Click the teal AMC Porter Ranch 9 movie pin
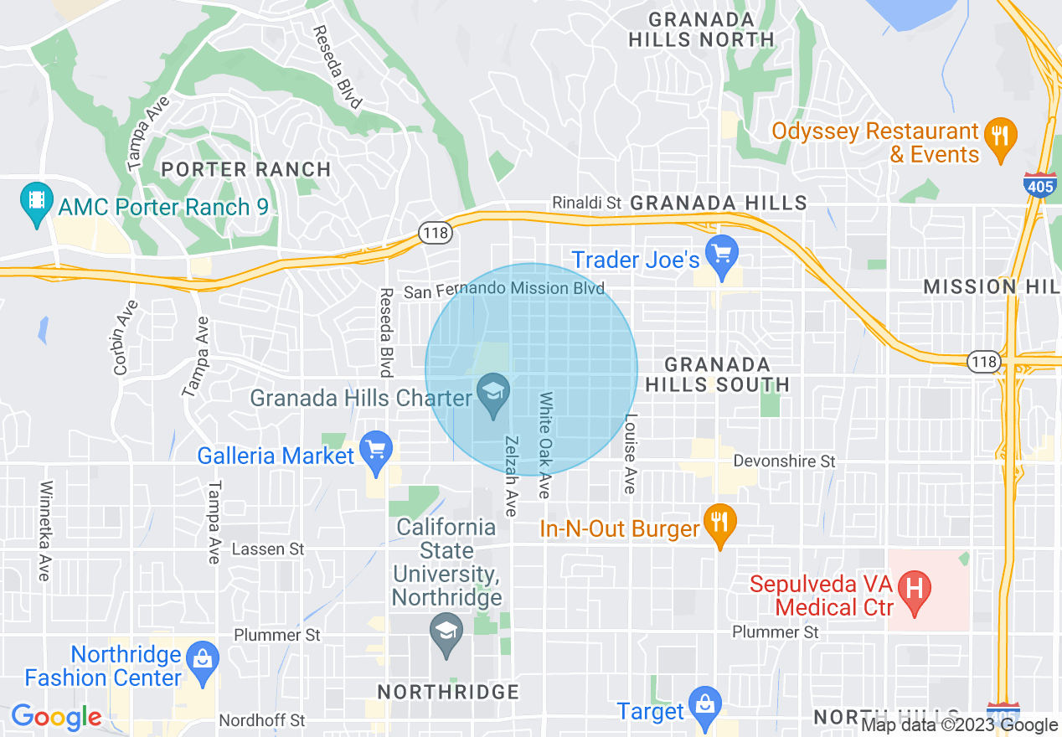point(36,204)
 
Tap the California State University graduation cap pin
point(446,634)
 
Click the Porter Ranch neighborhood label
point(246,169)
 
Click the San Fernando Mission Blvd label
point(504,290)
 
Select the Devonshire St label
point(784,461)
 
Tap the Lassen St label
point(268,549)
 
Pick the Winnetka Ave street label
point(45,530)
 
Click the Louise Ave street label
point(631,453)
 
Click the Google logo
point(56,717)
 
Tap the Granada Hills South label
point(717,374)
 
